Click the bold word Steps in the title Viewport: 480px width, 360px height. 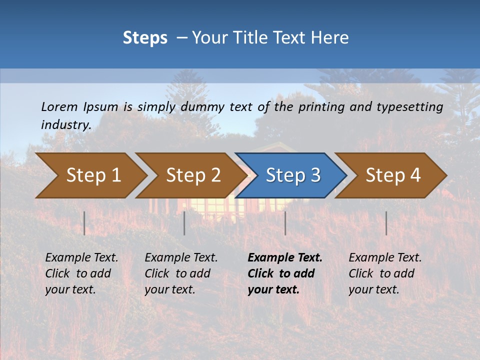point(145,38)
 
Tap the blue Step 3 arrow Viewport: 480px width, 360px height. point(292,175)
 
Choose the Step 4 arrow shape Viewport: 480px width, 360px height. point(392,175)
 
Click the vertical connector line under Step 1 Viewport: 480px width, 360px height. point(84,223)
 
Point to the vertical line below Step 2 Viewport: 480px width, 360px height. point(184,223)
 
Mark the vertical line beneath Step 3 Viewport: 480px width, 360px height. point(285,223)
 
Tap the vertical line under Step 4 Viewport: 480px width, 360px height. point(386,223)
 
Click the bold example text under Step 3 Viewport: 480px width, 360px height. point(284,273)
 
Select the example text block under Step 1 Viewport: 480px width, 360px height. point(81,273)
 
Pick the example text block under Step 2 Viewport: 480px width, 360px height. point(181,273)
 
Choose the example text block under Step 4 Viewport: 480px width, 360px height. point(385,273)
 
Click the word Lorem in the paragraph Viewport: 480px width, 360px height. point(59,106)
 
